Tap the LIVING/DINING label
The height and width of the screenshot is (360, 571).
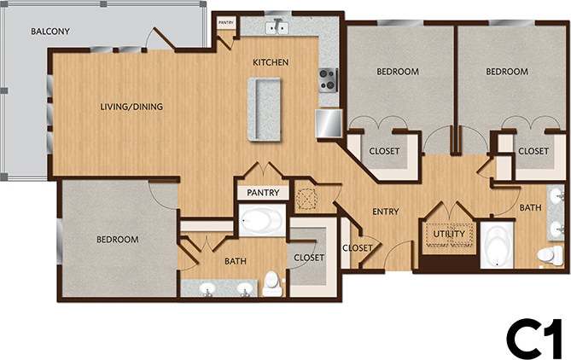132,107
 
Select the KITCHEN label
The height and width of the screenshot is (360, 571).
271,63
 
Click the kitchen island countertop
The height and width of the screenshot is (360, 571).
265,109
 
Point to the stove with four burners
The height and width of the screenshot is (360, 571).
329,79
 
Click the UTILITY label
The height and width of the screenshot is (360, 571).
448,234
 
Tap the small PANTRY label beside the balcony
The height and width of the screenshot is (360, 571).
226,23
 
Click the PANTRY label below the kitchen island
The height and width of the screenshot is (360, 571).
263,194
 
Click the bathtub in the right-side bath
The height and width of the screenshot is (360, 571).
497,248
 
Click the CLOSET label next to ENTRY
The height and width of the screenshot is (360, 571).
356,248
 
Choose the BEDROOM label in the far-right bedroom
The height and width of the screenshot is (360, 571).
507,73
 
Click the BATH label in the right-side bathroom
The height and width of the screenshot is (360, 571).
530,207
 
